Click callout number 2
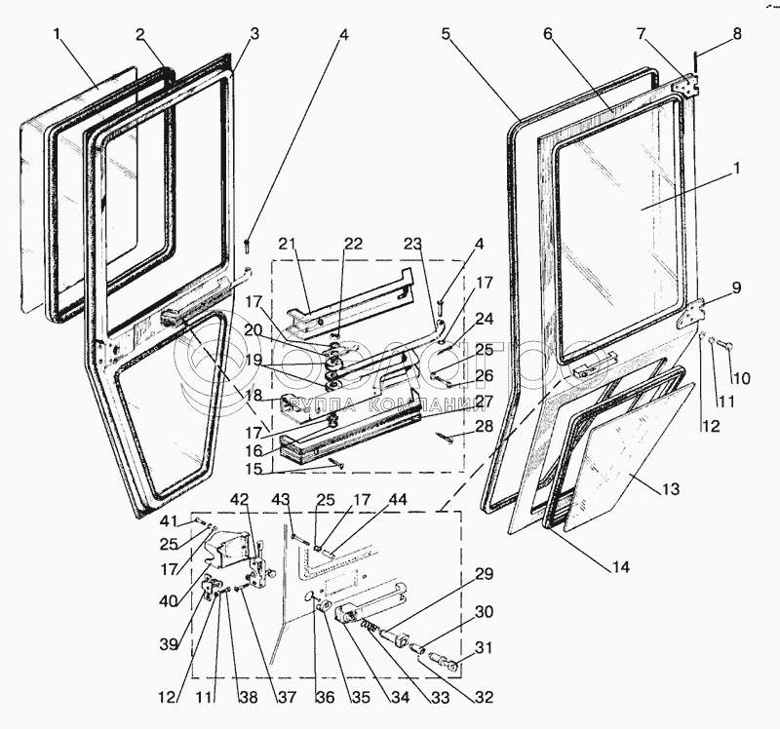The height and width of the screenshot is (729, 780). (140, 34)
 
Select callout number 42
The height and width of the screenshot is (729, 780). (240, 500)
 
